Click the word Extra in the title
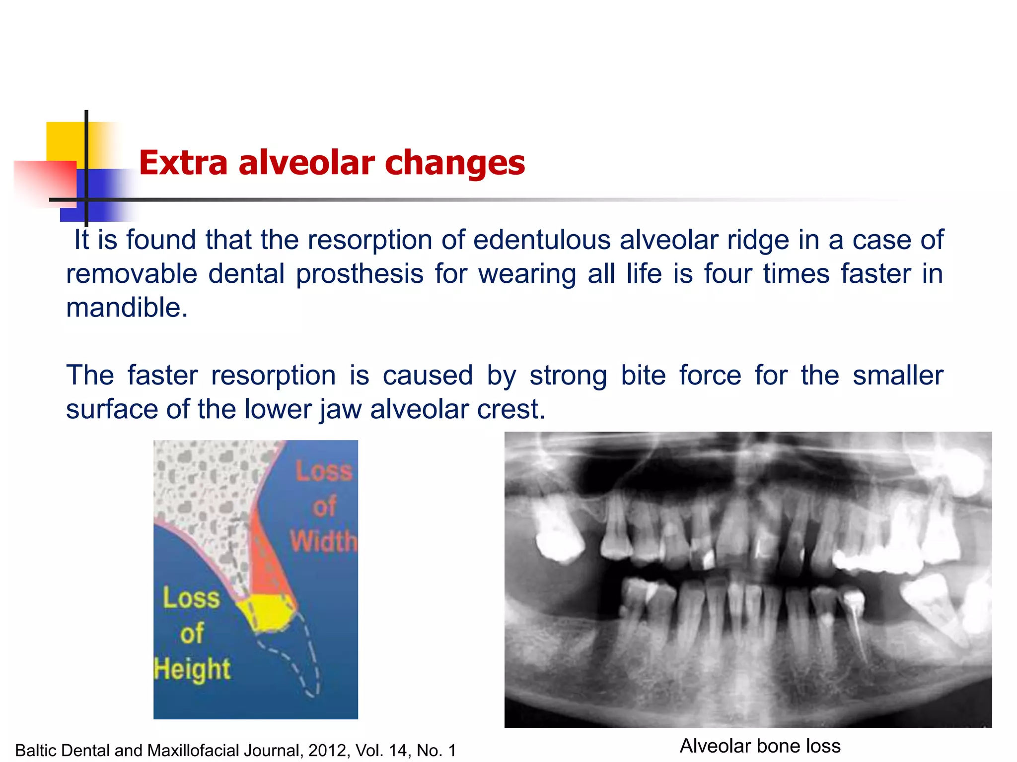pos(183,163)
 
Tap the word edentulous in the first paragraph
pos(541,240)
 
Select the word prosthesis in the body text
pos(360,274)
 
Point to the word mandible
pos(127,308)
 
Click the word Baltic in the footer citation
pos(36,751)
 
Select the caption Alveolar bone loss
pos(760,746)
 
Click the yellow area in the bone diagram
pos(267,613)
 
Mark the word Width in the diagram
pos(324,541)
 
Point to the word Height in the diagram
pos(192,669)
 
